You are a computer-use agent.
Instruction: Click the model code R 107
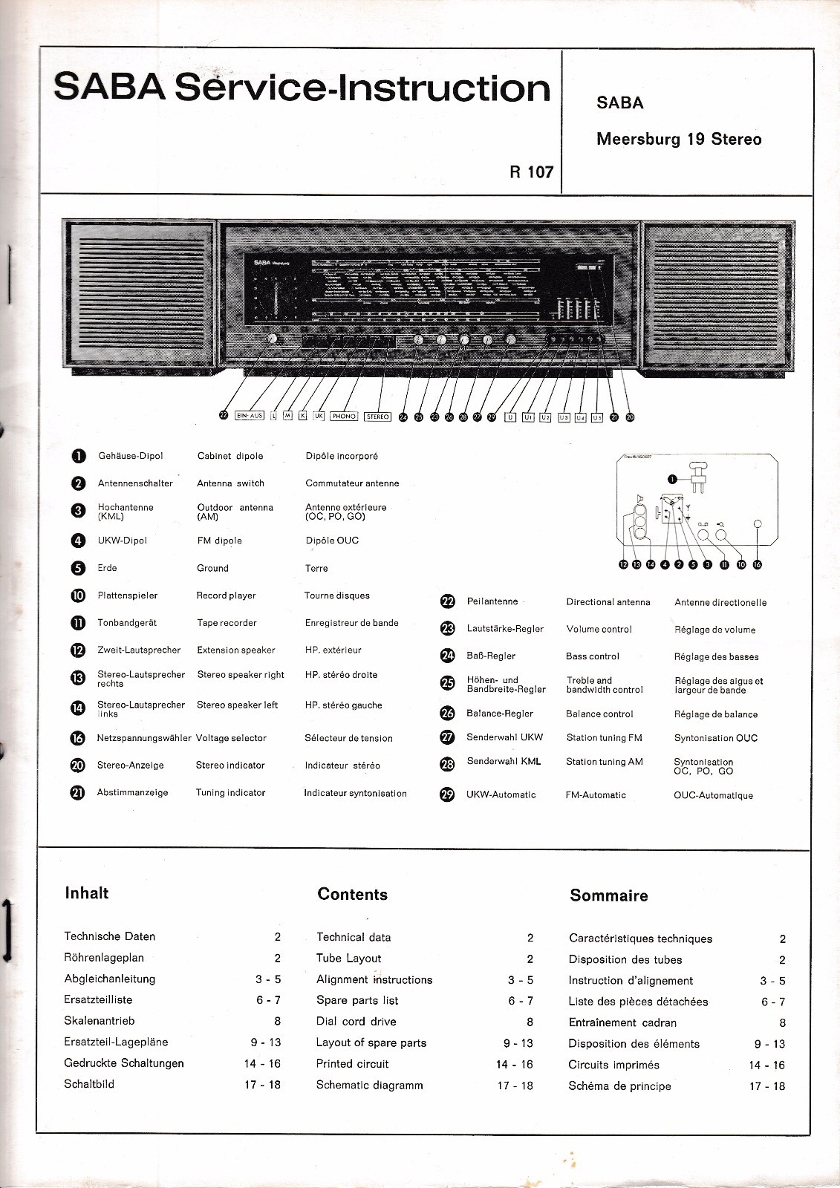pyautogui.click(x=531, y=172)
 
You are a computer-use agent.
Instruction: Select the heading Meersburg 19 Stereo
pyautogui.click(x=679, y=139)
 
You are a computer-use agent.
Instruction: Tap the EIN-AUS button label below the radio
pyautogui.click(x=250, y=417)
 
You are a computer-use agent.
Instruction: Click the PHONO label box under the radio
pyautogui.click(x=344, y=417)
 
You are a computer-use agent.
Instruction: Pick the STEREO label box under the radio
pyautogui.click(x=377, y=417)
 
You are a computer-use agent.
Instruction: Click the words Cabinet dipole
pyautogui.click(x=230, y=456)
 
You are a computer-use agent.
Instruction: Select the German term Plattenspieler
pyautogui.click(x=127, y=595)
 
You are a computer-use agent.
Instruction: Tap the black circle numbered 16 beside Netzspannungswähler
pyautogui.click(x=78, y=738)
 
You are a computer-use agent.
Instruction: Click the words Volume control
pyautogui.click(x=599, y=629)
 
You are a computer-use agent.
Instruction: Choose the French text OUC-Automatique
pyautogui.click(x=713, y=795)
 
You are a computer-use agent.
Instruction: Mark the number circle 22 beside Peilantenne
pyautogui.click(x=448, y=602)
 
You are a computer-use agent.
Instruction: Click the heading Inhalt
pyautogui.click(x=87, y=892)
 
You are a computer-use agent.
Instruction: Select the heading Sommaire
pyautogui.click(x=608, y=895)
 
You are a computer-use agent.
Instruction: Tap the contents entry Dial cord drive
pyautogui.click(x=356, y=1022)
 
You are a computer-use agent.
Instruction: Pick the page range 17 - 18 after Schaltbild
pyautogui.click(x=262, y=1085)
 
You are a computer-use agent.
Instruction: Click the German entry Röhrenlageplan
pyautogui.click(x=104, y=958)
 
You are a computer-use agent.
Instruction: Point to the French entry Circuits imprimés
pyautogui.click(x=613, y=1065)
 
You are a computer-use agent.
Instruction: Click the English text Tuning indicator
pyautogui.click(x=230, y=792)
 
